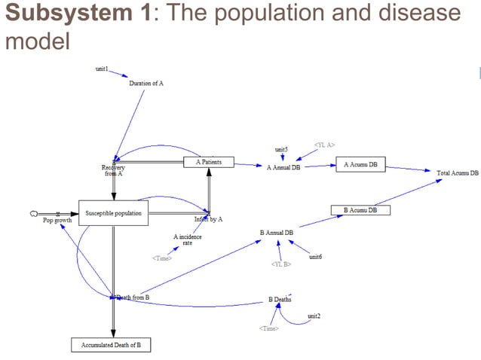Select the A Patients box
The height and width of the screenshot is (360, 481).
[x=209, y=162]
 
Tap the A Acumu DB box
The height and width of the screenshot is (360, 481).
[x=360, y=164]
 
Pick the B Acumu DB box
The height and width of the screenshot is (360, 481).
[x=360, y=210]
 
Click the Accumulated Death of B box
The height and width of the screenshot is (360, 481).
[x=112, y=346]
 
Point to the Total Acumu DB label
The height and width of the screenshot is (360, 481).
[x=458, y=173]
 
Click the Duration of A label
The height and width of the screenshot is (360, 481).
[x=146, y=83]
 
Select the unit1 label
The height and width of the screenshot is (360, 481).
[x=102, y=69]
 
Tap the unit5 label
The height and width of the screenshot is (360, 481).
[x=281, y=149]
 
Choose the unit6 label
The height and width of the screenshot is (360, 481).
[x=315, y=258]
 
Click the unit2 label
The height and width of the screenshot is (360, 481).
[x=314, y=316]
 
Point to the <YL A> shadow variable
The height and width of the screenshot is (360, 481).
[x=324, y=144]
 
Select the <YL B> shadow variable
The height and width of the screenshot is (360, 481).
[x=281, y=264]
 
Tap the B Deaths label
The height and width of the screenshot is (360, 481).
[x=280, y=299]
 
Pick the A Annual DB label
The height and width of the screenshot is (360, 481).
[x=283, y=167]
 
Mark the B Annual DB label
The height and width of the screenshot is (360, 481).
[x=277, y=233]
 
